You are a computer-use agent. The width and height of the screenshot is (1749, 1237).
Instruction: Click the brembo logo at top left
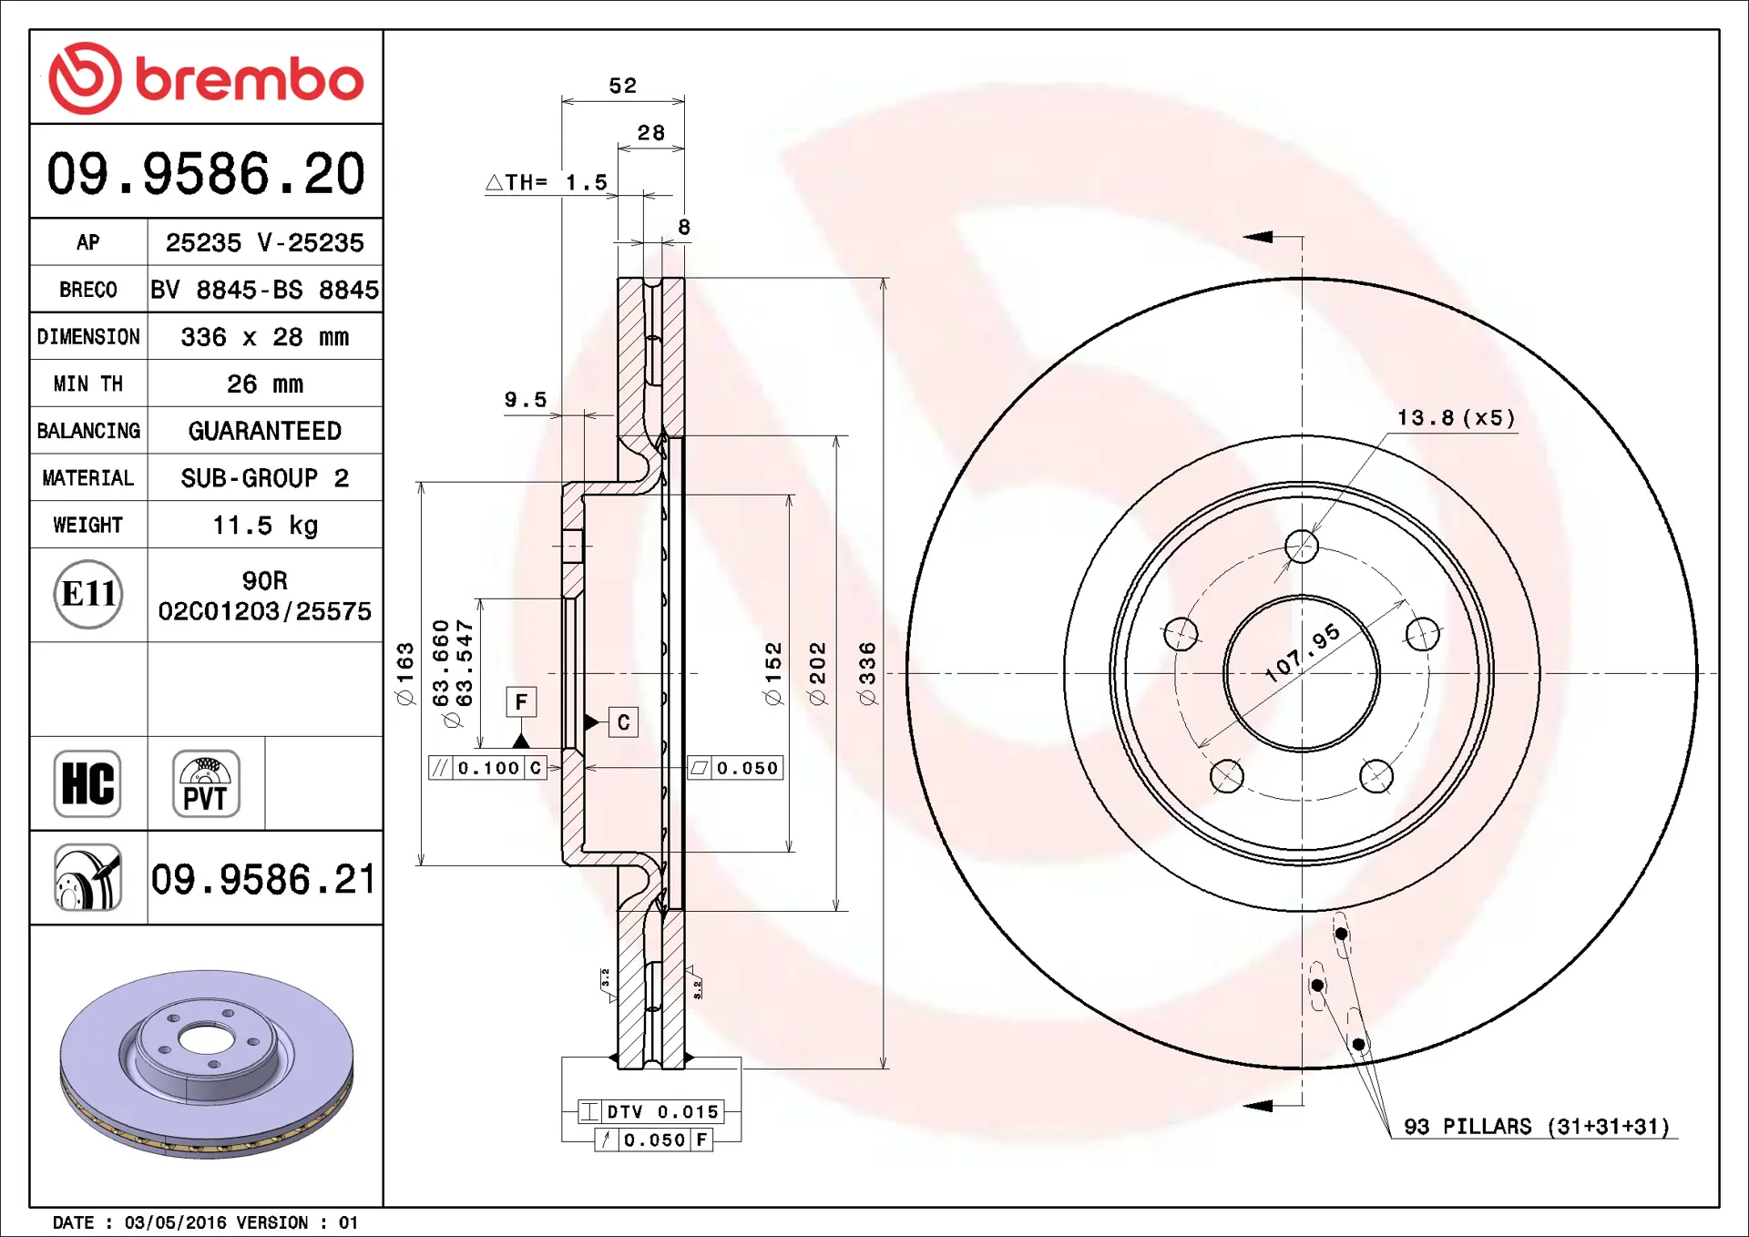click(206, 78)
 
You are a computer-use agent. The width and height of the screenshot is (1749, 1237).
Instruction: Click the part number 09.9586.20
click(206, 173)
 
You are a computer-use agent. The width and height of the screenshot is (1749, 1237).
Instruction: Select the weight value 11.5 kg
click(265, 526)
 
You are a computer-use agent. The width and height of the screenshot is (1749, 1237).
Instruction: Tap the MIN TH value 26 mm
click(265, 384)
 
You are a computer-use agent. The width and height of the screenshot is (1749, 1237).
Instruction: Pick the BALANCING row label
click(88, 431)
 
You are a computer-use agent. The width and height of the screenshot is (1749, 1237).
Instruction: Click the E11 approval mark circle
click(88, 594)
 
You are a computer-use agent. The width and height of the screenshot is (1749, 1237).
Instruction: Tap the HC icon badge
click(87, 783)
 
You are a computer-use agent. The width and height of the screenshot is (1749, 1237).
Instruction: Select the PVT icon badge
click(206, 783)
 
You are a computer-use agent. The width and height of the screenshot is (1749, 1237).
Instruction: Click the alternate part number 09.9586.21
click(263, 880)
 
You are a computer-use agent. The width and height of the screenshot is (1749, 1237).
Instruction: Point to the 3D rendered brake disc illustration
click(206, 1063)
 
